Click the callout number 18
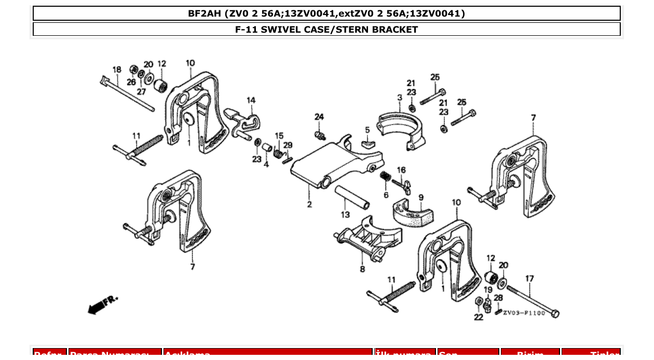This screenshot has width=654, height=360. [x=117, y=70]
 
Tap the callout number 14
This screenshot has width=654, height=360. [x=251, y=100]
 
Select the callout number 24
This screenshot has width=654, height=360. [x=319, y=117]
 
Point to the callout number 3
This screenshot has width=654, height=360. [x=400, y=98]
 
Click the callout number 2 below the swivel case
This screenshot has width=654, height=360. [x=309, y=204]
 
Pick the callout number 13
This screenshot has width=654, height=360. [x=345, y=214]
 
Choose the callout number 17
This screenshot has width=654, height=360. [x=529, y=279]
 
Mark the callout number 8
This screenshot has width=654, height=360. [x=362, y=269]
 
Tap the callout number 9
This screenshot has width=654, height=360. [x=421, y=197]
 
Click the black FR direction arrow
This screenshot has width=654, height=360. [x=94, y=309]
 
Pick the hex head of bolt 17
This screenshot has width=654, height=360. [x=554, y=313]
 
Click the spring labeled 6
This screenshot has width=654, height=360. [x=385, y=176]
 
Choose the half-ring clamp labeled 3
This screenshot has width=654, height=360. [x=401, y=127]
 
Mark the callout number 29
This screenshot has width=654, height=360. [x=288, y=145]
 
